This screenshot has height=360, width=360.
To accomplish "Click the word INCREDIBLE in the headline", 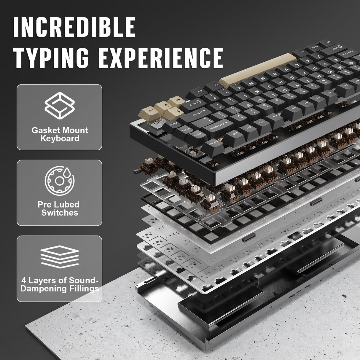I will [x=74, y=27].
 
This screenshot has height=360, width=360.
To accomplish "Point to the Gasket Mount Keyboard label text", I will [x=60, y=134].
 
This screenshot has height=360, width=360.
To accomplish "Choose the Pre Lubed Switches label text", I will [x=60, y=208].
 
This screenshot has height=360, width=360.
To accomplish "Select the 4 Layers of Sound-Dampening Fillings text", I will [x=60, y=284].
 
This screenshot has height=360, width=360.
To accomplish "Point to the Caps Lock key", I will [x=348, y=55].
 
